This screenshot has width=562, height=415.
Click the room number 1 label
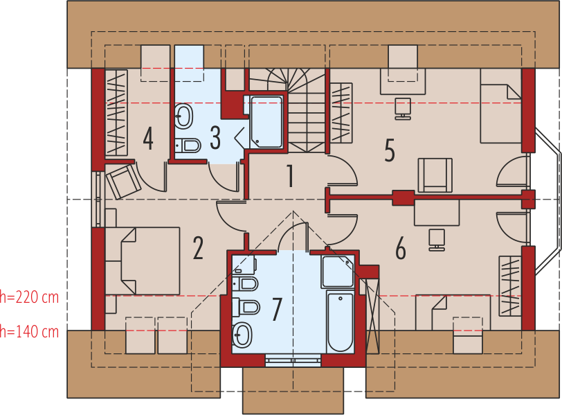(x=291, y=177)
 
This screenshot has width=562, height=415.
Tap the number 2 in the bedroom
(x=199, y=248)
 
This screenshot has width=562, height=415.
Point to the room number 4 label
(x=148, y=139)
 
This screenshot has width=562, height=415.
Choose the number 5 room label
(x=390, y=149)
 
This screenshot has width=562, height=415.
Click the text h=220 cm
(x=29, y=297)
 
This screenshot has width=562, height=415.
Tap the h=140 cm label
(x=29, y=332)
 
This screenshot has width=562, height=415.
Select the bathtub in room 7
(x=340, y=322)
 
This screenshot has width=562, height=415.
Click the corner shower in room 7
(x=338, y=272)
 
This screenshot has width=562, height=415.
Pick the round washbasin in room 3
(x=183, y=116)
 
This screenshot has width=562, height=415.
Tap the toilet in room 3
(x=187, y=145)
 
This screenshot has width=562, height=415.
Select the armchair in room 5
(x=435, y=174)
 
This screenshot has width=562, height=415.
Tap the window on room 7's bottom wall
(x=293, y=360)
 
